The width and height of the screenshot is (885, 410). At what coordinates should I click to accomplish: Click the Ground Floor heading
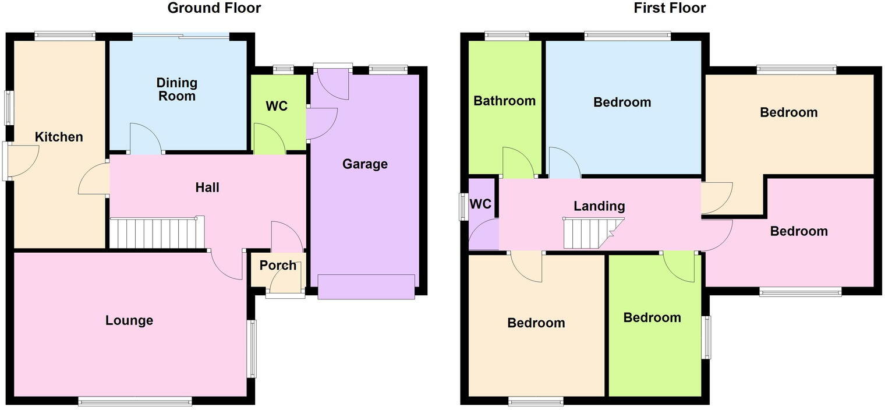pos(214,8)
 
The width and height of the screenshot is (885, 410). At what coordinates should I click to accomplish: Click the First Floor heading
pos(670,8)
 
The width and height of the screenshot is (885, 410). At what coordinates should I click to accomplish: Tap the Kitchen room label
pos(59,137)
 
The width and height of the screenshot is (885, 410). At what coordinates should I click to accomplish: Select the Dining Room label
pos(177,89)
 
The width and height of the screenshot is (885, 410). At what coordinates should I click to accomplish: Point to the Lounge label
pos(129,320)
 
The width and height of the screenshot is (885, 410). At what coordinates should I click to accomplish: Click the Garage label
pos(364,164)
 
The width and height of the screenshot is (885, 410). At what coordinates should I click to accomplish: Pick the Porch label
pos(278,266)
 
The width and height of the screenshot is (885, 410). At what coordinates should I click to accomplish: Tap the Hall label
pos(207,188)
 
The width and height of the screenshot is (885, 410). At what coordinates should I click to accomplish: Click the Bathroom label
pos(504,101)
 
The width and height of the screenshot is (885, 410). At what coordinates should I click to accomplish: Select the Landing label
pos(599,206)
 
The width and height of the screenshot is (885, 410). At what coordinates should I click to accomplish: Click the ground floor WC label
pos(277,107)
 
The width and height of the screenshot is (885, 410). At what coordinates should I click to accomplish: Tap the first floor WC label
pos(480,204)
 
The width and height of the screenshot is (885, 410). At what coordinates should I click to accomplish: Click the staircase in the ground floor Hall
pos(157,233)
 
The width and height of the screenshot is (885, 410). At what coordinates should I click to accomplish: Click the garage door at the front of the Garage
pos(366,287)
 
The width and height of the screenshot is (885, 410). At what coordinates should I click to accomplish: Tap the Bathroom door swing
pos(518,163)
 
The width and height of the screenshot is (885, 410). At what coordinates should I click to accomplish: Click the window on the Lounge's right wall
pos(252,349)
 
